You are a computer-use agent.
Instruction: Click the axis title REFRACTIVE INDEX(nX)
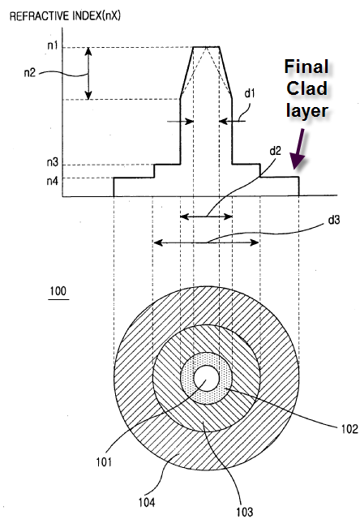pos(65,16)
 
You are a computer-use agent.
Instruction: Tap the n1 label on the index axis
pos(52,45)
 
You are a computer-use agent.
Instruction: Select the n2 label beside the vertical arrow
pos(29,72)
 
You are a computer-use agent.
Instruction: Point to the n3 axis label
pos(52,162)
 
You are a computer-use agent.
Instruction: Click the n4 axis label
pos(52,181)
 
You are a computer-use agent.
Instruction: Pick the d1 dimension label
pos(250,93)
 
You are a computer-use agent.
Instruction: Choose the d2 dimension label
pos(276,151)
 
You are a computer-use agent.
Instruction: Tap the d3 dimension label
pos(334,220)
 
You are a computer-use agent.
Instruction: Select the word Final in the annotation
pos(306,66)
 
